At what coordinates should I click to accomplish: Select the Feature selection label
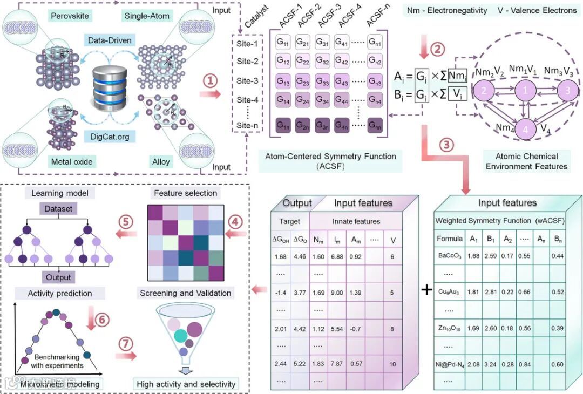tap(186, 193)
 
